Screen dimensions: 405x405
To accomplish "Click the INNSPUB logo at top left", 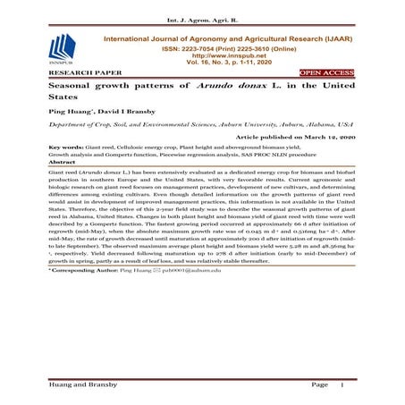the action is pyautogui.click(x=62, y=48).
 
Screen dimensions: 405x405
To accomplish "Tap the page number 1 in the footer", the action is pyautogui.click(x=342, y=384).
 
